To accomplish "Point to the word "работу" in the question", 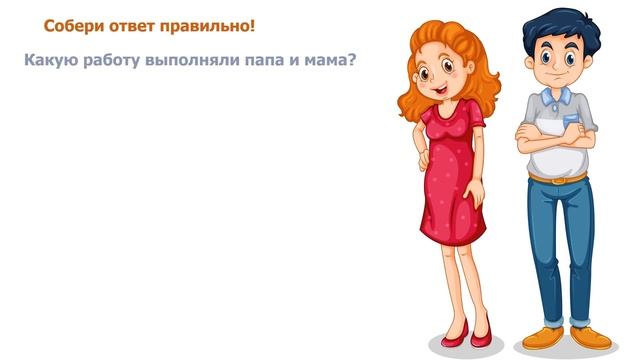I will (112, 60).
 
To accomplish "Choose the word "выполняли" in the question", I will (192, 60).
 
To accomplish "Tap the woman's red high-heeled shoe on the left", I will (453, 330).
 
